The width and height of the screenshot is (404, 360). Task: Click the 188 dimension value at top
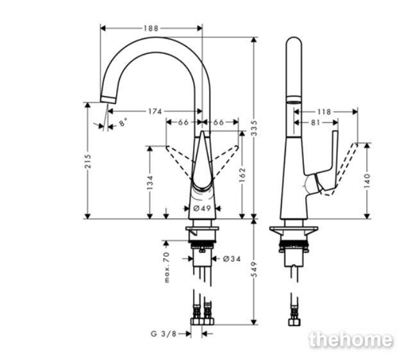pos(151,28)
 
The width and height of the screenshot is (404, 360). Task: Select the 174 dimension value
pos(155,111)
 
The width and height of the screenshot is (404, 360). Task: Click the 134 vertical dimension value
pos(149,183)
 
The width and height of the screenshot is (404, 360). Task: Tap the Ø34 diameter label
pos(231,259)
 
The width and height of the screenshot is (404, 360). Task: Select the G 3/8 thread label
pos(163,333)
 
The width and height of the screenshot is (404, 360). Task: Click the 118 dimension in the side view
pos(324,111)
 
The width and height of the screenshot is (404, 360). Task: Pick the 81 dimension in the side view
pos(316,122)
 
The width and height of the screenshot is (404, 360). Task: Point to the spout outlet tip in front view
pos(108,98)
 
